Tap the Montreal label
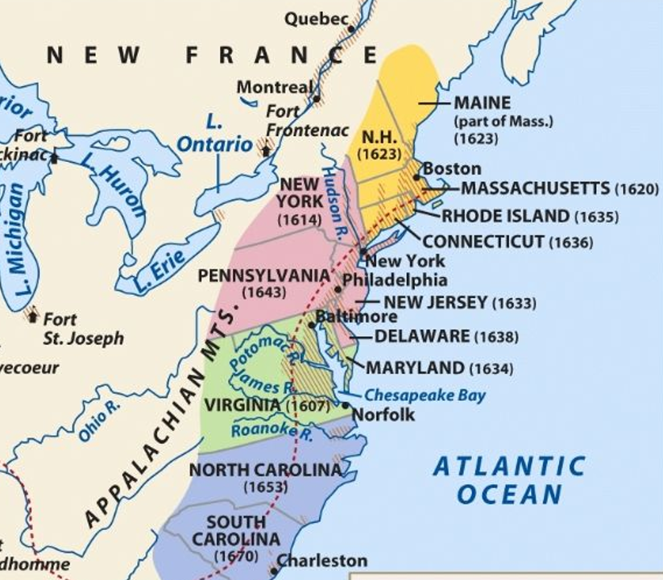click(274, 87)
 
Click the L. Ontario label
click(214, 134)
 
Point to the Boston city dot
click(416, 177)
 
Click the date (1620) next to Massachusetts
click(636, 189)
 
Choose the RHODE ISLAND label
click(505, 216)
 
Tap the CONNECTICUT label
click(484, 242)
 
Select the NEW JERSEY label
click(435, 303)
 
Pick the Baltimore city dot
click(313, 325)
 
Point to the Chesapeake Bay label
click(425, 395)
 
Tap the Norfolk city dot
click(346, 405)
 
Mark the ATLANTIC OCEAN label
click(508, 479)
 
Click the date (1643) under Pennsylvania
click(264, 292)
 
